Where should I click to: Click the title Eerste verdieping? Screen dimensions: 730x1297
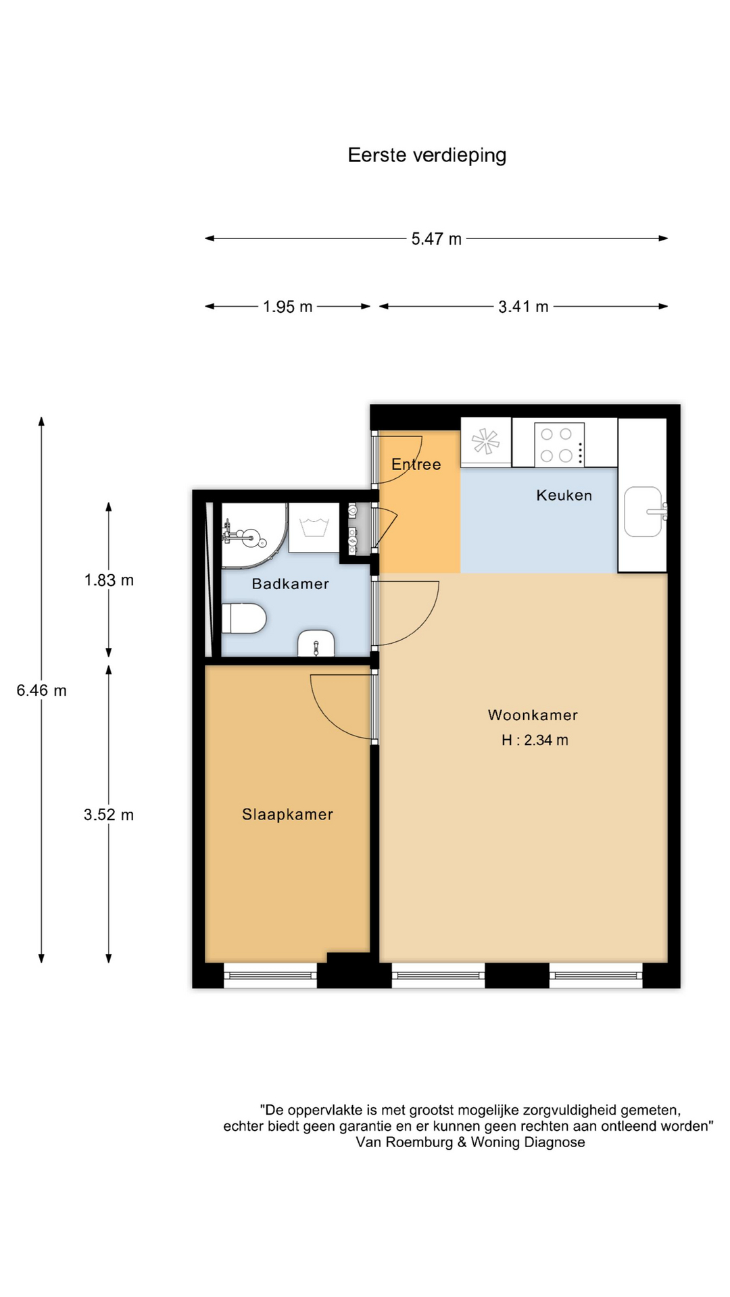(x=427, y=156)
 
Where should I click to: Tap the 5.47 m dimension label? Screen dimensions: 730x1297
(x=437, y=239)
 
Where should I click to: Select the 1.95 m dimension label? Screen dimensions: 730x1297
(x=288, y=307)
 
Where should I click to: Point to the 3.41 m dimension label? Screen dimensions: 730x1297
(x=523, y=307)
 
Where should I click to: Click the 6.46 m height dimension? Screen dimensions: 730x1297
(x=41, y=690)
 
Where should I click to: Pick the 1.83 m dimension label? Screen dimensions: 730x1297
(x=109, y=580)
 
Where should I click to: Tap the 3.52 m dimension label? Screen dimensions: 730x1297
(x=109, y=815)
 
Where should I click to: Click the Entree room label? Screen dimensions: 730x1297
(x=416, y=464)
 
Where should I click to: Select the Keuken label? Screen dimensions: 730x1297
(x=564, y=495)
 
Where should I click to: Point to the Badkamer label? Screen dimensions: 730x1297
(x=291, y=584)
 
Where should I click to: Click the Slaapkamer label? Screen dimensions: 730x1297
(x=288, y=815)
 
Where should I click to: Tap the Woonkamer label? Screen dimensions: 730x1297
(x=533, y=715)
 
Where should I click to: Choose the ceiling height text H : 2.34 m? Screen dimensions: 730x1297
(x=535, y=740)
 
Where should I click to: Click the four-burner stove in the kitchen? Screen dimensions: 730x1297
(x=559, y=444)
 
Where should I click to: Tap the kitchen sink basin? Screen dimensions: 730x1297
(x=643, y=511)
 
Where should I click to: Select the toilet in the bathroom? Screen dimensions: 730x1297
(x=244, y=618)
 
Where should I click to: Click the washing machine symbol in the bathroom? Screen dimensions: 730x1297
(x=314, y=528)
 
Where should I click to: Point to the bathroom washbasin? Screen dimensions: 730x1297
(x=316, y=643)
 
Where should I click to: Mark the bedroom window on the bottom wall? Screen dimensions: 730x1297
(x=270, y=975)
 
